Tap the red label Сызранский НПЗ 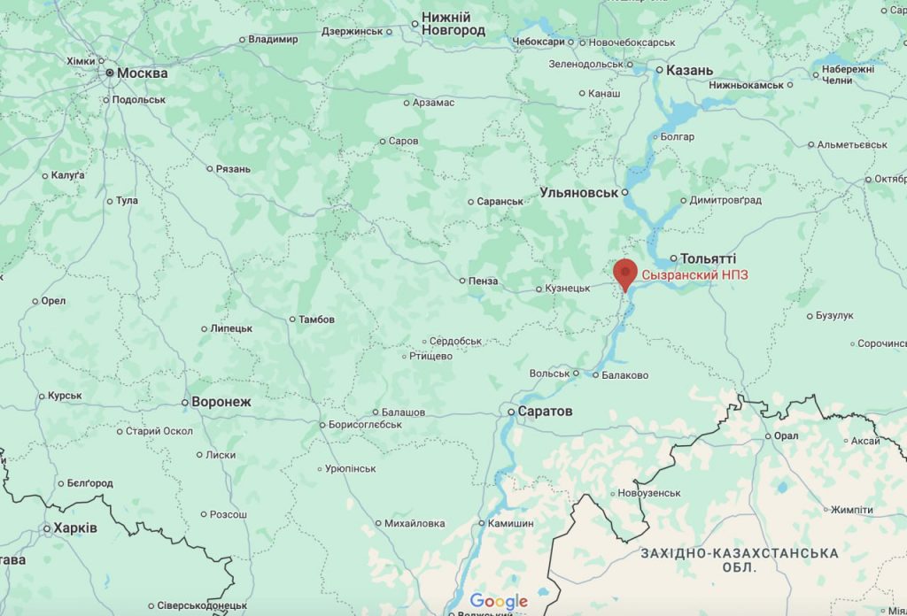click(694, 275)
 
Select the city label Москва click(142, 73)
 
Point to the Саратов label click(546, 412)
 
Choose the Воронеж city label click(221, 402)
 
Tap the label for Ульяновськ click(578, 192)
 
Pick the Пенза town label click(484, 281)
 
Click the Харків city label click(75, 528)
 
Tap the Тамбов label click(316, 320)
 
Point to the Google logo click(499, 602)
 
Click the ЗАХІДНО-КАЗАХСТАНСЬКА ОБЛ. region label click(739, 559)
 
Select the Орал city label click(786, 435)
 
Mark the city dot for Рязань click(209, 168)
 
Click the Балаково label click(624, 375)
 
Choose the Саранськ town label click(500, 201)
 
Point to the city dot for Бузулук click(810, 316)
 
